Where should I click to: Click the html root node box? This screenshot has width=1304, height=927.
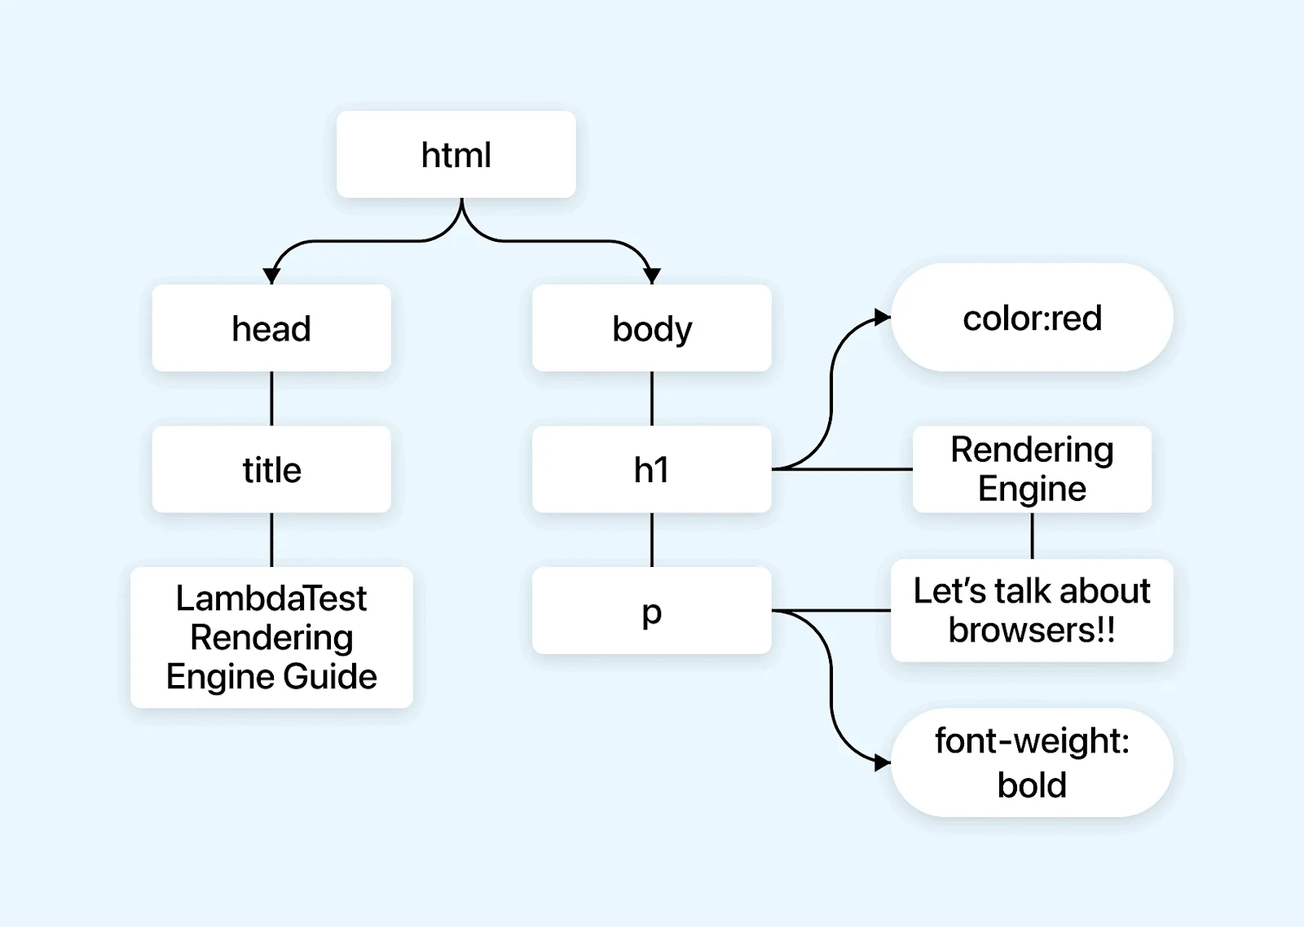(x=456, y=155)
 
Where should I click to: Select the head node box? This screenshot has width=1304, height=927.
(x=271, y=328)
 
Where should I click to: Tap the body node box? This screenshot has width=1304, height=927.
(x=651, y=328)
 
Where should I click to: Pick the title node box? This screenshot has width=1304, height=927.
(x=271, y=470)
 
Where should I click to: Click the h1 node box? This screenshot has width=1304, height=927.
(x=651, y=470)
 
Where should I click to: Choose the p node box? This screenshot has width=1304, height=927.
(x=651, y=610)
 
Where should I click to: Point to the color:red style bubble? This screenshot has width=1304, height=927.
(x=1032, y=318)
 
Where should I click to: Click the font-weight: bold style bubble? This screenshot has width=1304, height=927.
(x=1032, y=762)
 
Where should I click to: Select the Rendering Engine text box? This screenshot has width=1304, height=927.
(x=1032, y=469)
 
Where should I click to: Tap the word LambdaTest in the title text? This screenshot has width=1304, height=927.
(x=271, y=599)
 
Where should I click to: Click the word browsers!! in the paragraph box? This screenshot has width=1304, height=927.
(x=1032, y=630)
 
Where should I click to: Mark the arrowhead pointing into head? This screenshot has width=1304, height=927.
(x=272, y=276)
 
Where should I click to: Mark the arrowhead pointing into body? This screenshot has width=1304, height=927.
(x=651, y=276)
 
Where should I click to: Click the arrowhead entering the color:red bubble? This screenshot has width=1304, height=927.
(x=882, y=317)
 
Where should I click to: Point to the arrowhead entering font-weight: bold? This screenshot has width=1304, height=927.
(x=882, y=763)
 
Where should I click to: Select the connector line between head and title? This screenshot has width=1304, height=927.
(x=271, y=398)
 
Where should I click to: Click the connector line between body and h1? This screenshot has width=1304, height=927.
(x=651, y=398)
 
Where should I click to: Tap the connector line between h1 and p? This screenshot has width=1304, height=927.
(x=651, y=539)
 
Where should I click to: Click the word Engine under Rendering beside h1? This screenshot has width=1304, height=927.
(x=1032, y=490)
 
